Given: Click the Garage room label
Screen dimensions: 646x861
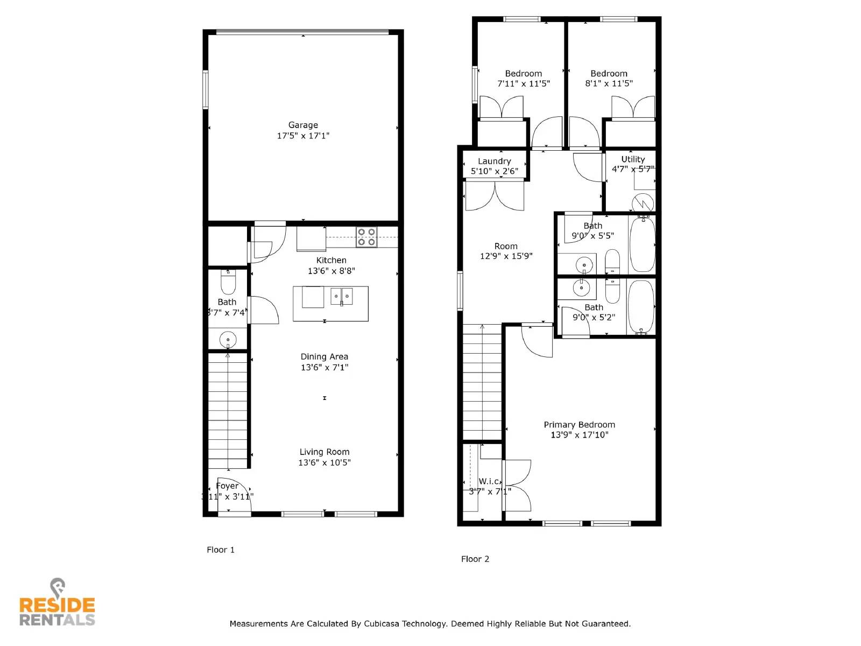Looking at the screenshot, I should (x=303, y=125).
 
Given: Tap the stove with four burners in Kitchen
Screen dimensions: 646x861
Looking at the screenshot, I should (x=366, y=237).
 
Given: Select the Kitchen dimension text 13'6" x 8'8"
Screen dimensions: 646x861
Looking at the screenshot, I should (x=331, y=271).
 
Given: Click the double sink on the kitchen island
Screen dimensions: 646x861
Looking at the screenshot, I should (x=341, y=296).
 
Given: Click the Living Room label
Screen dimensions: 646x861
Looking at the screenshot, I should (x=324, y=452).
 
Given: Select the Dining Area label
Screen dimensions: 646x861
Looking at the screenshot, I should (x=324, y=356).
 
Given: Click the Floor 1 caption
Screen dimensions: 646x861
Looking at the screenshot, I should (x=221, y=550).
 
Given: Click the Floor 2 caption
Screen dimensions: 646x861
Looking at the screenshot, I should (x=475, y=559).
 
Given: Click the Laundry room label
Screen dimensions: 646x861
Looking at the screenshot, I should (x=494, y=161).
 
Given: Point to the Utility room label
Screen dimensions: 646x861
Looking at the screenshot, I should (x=633, y=159).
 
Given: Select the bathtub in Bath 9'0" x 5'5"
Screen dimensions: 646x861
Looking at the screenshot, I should (x=642, y=244).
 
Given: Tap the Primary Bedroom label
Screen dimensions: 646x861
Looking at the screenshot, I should (x=579, y=425).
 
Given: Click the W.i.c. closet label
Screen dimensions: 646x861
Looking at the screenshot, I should (x=490, y=481).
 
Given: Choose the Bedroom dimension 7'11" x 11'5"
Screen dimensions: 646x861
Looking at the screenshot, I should (x=523, y=83).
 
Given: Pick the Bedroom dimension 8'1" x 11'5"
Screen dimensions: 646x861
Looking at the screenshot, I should (x=609, y=83).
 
